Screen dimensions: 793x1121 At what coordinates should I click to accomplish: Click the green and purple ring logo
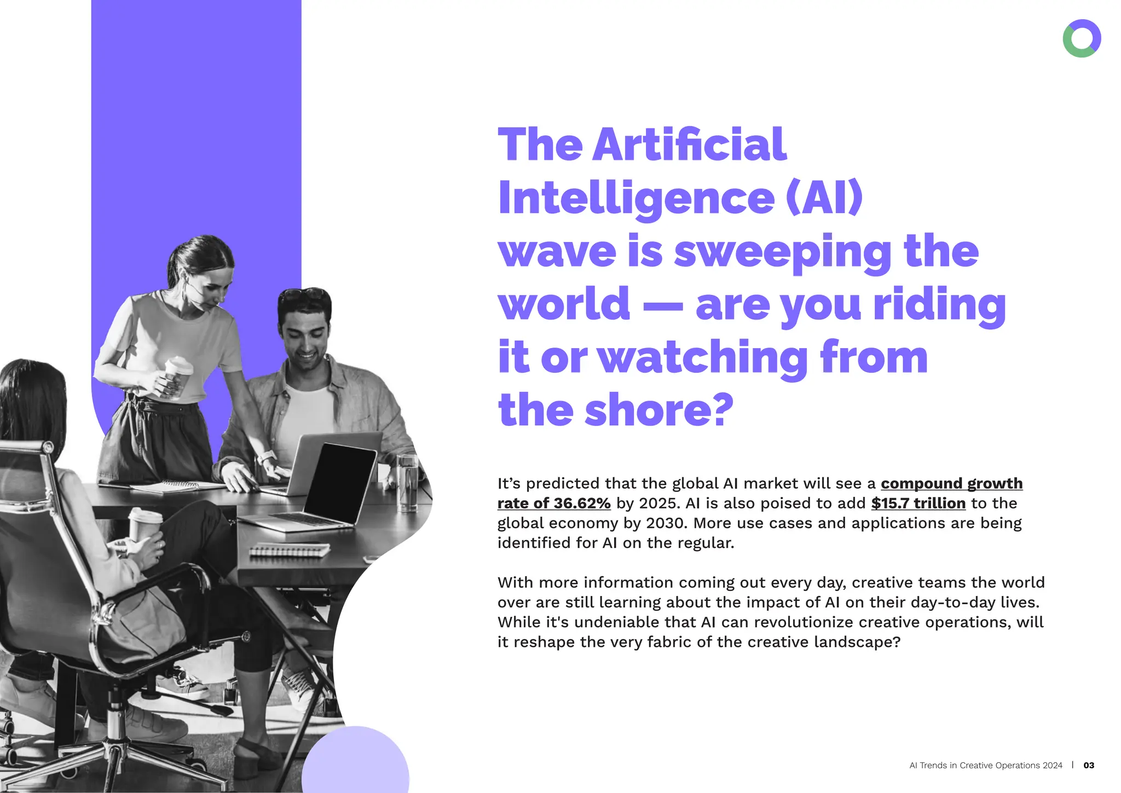pyautogui.click(x=1082, y=38)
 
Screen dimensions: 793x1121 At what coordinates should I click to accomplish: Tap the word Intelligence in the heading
pyautogui.click(x=636, y=198)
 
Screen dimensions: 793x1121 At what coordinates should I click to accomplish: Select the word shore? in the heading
pyautogui.click(x=659, y=410)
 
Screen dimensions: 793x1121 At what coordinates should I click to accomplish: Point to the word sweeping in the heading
pyautogui.click(x=783, y=252)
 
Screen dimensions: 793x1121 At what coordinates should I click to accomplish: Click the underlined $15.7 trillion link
pyautogui.click(x=918, y=503)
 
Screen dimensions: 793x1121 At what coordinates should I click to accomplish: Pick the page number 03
pyautogui.click(x=1089, y=765)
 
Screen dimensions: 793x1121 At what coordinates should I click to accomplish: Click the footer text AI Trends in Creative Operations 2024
pyautogui.click(x=985, y=765)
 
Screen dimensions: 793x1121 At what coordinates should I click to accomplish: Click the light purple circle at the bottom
pyautogui.click(x=355, y=763)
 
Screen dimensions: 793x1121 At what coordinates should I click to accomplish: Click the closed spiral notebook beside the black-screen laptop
pyautogui.click(x=290, y=549)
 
